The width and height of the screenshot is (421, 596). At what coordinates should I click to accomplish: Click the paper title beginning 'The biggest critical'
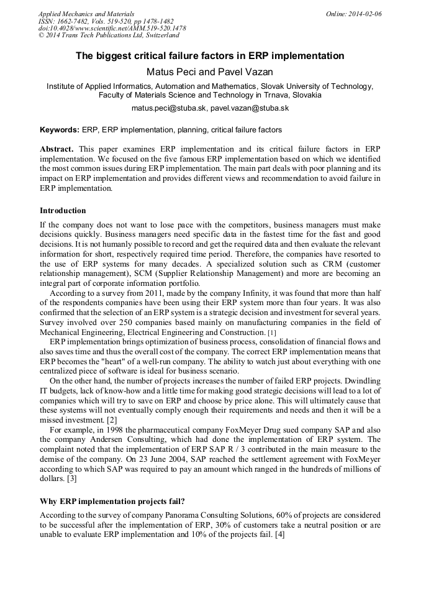pos(210,56)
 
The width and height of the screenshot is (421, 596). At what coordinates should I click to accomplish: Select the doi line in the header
pos(112,28)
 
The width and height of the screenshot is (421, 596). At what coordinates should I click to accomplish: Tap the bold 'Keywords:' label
pos(60,131)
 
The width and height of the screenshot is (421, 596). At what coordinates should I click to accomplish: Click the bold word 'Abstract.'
pos(57,150)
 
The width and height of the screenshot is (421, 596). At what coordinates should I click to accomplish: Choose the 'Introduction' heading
pos(63,211)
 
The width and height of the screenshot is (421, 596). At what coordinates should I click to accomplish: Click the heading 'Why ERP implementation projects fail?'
pos(112,501)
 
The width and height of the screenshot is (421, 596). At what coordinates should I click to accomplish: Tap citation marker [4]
pos(279,535)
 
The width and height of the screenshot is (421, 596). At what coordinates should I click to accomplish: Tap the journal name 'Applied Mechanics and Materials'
pos(86,13)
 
